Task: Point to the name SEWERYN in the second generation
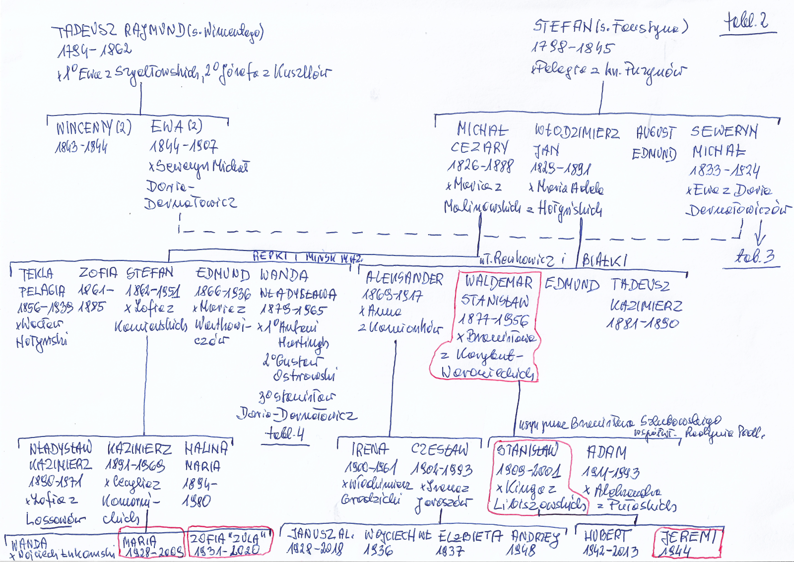(x=724, y=131)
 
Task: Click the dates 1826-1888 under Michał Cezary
(x=480, y=166)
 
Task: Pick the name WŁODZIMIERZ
(x=577, y=132)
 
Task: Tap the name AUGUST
(x=655, y=133)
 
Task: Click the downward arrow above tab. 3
(x=760, y=233)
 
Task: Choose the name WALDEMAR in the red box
(x=498, y=282)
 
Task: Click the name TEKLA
(x=36, y=274)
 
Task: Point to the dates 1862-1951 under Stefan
(x=152, y=291)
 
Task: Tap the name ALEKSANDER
(x=404, y=279)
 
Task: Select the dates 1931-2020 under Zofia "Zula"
(x=227, y=550)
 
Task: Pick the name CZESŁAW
(x=439, y=449)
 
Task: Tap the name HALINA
(x=206, y=449)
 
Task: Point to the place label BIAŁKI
(x=604, y=260)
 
